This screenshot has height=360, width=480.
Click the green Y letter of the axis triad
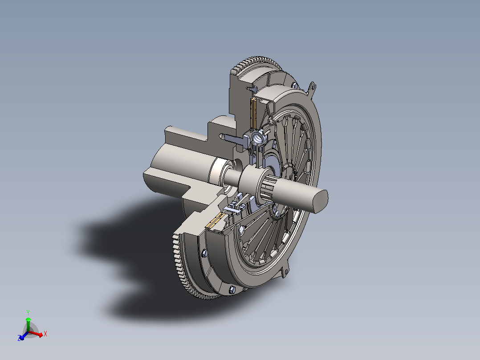[28, 312]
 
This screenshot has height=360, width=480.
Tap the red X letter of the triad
[45, 334]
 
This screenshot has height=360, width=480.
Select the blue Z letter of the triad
[19, 339]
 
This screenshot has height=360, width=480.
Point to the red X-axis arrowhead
[40, 335]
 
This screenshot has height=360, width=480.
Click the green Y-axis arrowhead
[28, 319]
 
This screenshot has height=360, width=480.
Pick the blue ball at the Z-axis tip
[21, 338]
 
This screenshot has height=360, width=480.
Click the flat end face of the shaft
[320, 201]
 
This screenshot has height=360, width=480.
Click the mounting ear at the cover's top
[312, 87]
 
